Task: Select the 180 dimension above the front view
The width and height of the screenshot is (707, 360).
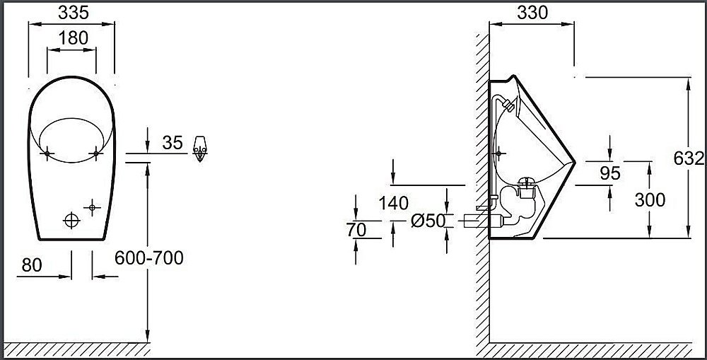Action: [x=73, y=38]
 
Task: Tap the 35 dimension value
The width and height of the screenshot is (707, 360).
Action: [x=172, y=144]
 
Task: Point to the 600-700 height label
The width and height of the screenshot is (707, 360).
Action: [x=149, y=258]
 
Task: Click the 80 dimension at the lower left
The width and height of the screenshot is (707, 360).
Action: [x=32, y=265]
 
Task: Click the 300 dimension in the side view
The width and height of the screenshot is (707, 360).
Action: [x=649, y=200]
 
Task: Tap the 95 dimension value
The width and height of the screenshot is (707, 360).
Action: [x=609, y=173]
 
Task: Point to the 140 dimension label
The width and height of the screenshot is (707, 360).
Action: [x=393, y=204]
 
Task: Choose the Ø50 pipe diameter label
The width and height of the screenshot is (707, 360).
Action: [x=428, y=221]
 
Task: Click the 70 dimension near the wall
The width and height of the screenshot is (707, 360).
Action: [x=357, y=229]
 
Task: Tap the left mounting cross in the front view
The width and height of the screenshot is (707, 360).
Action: [x=47, y=152]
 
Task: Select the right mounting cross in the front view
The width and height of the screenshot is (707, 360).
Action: [x=95, y=152]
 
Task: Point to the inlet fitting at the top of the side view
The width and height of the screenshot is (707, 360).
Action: [x=507, y=105]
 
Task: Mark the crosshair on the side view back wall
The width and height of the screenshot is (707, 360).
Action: [x=501, y=152]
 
